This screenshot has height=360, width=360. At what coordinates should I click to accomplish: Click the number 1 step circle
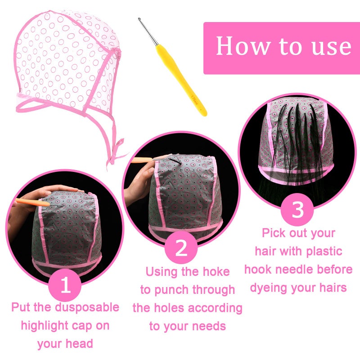(x=66, y=285)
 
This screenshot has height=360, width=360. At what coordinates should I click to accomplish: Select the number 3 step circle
(x=297, y=210)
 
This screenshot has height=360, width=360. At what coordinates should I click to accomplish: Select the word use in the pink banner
(x=331, y=46)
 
